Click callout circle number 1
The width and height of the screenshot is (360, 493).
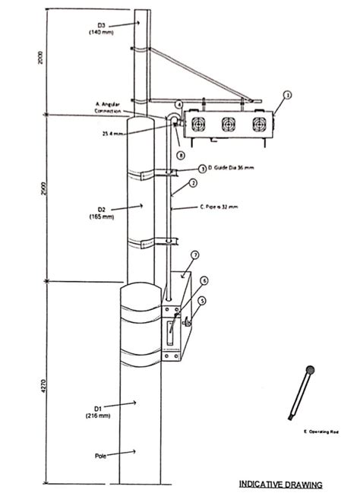[287, 95]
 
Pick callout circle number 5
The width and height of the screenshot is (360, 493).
[201, 301]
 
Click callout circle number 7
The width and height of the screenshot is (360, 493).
[194, 255]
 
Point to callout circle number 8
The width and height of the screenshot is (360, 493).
[180, 155]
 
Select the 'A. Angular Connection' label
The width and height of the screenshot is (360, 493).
[111, 107]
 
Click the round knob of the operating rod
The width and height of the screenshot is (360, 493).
[310, 371]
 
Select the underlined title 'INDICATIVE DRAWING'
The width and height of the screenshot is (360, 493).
[280, 483]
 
